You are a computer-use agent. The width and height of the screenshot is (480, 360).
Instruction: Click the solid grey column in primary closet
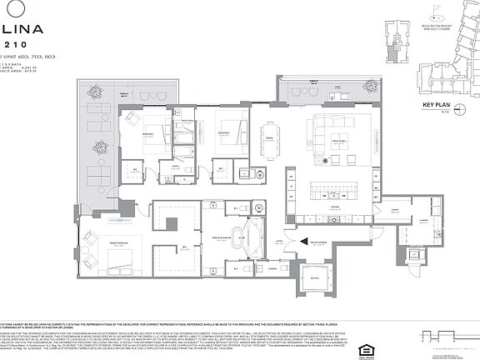coord(172,223)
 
